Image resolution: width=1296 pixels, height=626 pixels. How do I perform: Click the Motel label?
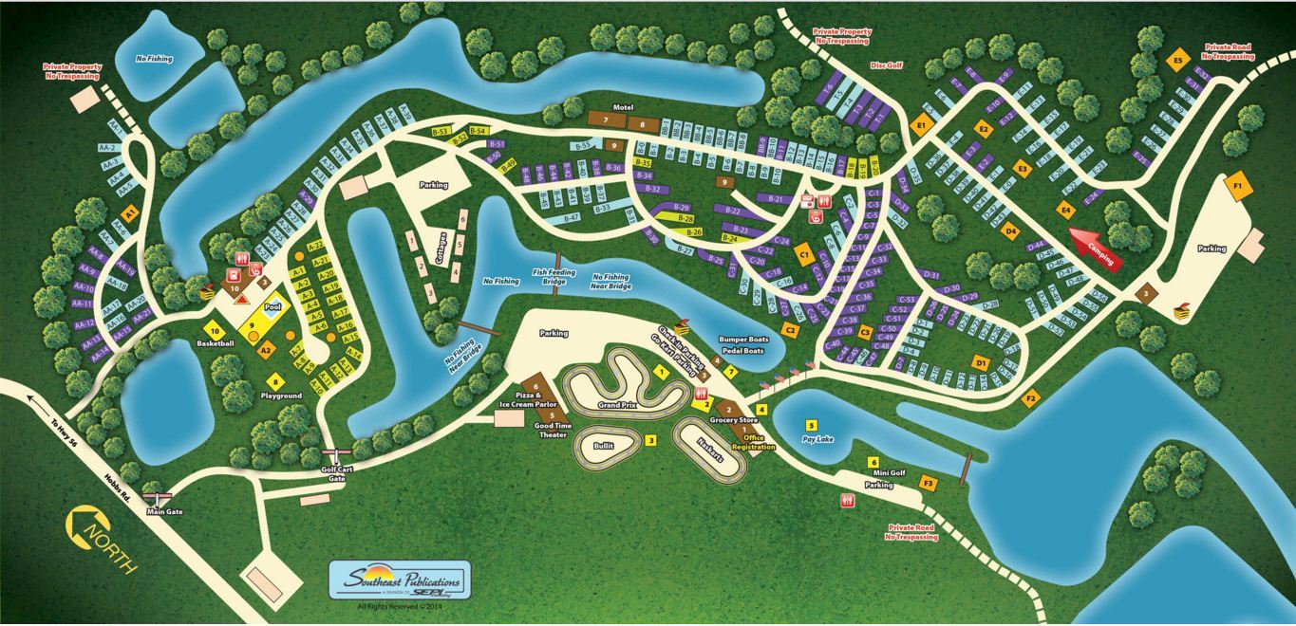623,107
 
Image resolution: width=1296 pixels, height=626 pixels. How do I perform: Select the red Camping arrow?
1095,246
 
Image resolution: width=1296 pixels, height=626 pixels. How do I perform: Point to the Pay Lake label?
817,440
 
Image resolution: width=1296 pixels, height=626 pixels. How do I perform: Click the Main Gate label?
164,511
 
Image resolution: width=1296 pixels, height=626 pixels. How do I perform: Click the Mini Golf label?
881,472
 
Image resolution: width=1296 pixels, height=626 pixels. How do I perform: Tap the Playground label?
281,396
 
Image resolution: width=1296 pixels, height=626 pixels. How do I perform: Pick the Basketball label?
216,342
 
